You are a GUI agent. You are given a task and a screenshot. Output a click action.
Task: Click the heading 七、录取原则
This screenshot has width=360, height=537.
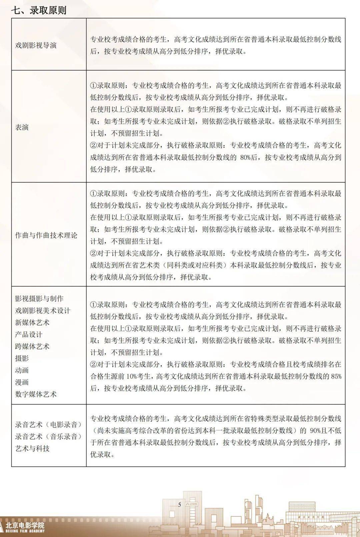pos(39,10)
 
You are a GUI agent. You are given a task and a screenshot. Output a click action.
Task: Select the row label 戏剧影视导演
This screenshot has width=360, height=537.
pos(36,45)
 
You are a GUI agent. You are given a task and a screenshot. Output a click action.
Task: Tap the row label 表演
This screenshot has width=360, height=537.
pos(22,127)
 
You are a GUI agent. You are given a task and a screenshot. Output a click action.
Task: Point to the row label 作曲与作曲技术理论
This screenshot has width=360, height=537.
pos(46,235)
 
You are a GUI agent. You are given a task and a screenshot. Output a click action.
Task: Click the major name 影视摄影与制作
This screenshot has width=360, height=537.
pos(39,299)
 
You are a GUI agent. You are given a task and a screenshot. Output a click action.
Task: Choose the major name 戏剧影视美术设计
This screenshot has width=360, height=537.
pos(43,311)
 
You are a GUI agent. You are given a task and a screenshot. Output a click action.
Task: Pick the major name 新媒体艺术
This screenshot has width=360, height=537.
pos(32,323)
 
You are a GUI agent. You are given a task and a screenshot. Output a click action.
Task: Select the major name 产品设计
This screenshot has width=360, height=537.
pos(29,335)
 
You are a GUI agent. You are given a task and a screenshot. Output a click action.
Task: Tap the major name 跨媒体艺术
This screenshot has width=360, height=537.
pos(32,346)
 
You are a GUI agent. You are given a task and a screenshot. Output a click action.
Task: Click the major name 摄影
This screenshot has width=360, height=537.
pos(22,358)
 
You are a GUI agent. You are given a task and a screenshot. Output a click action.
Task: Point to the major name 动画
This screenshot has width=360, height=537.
pos(22,370)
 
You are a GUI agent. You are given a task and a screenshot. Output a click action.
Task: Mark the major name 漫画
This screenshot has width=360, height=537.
pos(22,382)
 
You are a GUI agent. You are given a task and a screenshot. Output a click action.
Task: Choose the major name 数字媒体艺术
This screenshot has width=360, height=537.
pos(36,394)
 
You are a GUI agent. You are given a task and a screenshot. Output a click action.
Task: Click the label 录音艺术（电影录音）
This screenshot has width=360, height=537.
pos(48,425)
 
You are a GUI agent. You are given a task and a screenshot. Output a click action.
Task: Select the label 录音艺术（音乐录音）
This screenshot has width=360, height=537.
pos(48,436)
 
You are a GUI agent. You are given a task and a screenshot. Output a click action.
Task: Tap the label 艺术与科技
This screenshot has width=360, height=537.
pos(32,448)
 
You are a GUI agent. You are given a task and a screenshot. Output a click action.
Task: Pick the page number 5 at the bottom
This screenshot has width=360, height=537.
pos(180,505)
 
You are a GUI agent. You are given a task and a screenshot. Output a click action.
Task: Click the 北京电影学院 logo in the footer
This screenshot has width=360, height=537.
pos(25,527)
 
